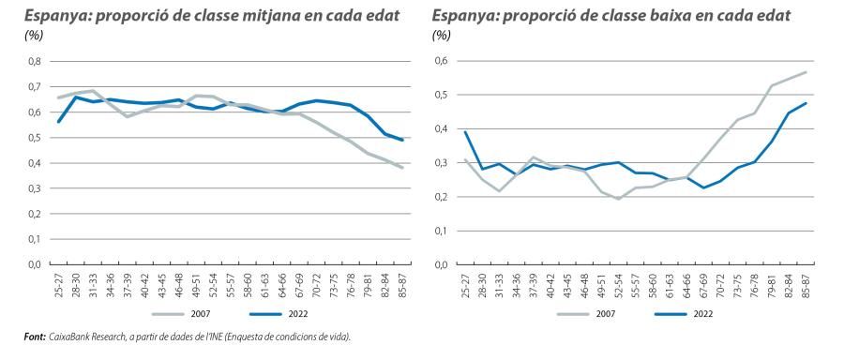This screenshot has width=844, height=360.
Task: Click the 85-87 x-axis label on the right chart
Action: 804,285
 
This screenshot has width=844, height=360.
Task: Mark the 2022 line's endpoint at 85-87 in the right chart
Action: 806,103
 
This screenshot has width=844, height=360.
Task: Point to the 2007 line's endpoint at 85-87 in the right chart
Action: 806,72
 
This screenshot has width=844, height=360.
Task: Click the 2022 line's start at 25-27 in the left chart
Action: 58,122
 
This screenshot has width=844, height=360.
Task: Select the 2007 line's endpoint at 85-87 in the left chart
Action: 400,168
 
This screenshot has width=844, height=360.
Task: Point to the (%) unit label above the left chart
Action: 35,35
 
